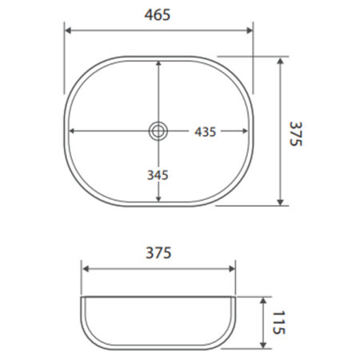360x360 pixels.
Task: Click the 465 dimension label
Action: coord(158,14)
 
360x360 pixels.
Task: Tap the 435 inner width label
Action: coord(205,132)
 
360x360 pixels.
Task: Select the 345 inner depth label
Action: coord(158,175)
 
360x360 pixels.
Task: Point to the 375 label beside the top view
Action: coord(296,134)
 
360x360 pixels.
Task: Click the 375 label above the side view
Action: coord(158,253)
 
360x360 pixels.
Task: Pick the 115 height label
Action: coord(278,322)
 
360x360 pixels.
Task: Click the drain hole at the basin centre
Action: coord(158,131)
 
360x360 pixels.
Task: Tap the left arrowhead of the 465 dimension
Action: coord(68,30)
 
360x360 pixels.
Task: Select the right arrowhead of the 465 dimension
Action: coord(250,30)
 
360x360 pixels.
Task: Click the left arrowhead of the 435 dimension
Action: coord(72,131)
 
